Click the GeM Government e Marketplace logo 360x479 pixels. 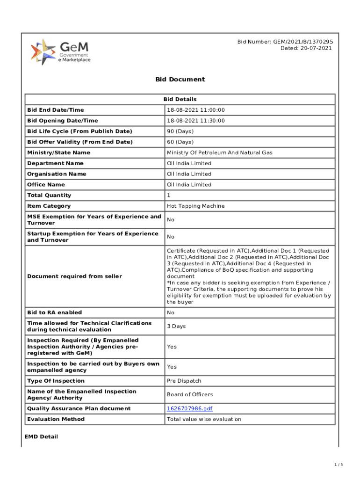[60, 52]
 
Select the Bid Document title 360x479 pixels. [180, 80]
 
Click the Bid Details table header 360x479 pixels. [180, 99]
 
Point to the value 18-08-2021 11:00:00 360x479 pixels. [196, 110]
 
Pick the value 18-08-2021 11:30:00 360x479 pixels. [196, 121]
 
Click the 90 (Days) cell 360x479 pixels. [180, 131]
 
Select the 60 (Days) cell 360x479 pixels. [180, 142]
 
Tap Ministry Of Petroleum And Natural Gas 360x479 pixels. [220, 153]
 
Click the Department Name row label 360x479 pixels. [55, 163]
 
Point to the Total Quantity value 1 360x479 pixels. [169, 196]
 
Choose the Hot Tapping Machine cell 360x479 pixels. [196, 206]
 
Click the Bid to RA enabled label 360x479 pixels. [54, 312]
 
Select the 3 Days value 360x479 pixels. [176, 327]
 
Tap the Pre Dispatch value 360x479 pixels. [184, 381]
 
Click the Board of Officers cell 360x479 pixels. [190, 395]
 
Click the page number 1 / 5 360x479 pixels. [338, 464]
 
